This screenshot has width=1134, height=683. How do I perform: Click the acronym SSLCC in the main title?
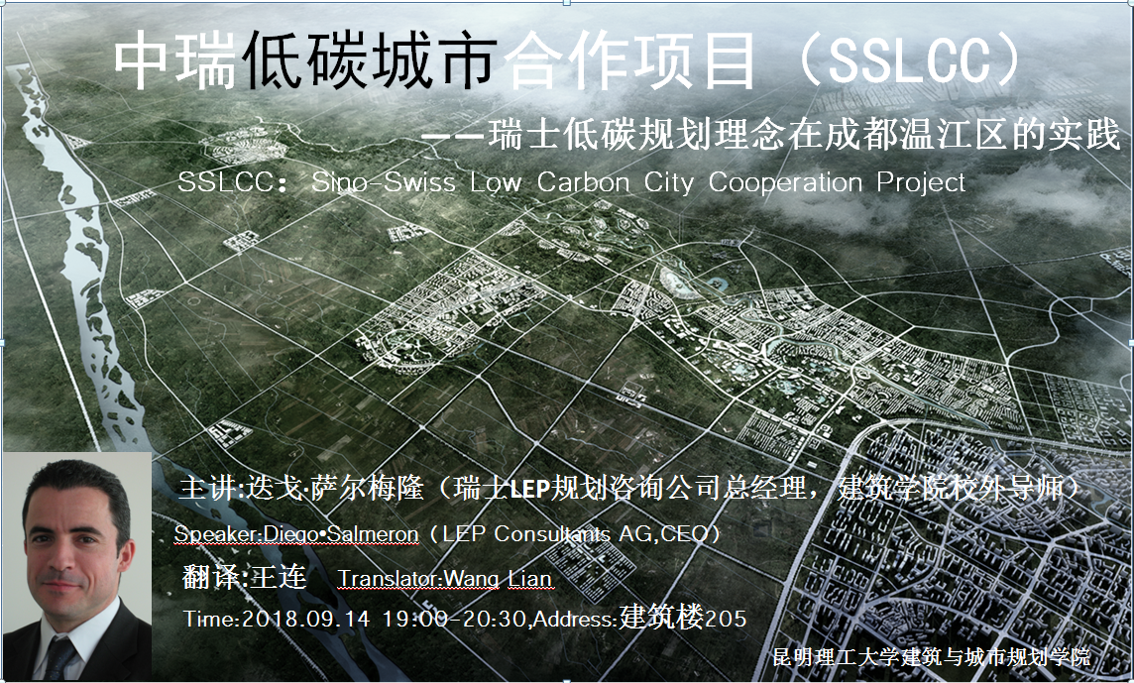point(909,60)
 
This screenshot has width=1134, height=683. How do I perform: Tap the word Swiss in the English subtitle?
point(418,181)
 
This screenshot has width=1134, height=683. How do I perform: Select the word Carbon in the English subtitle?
point(583,181)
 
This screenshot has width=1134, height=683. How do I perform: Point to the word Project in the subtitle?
point(921,182)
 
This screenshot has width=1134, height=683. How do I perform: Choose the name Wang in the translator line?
point(472,580)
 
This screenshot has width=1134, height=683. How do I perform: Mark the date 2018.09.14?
point(304,619)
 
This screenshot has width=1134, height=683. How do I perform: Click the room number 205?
point(726,619)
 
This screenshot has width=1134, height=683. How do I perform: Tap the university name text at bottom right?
point(931,657)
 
